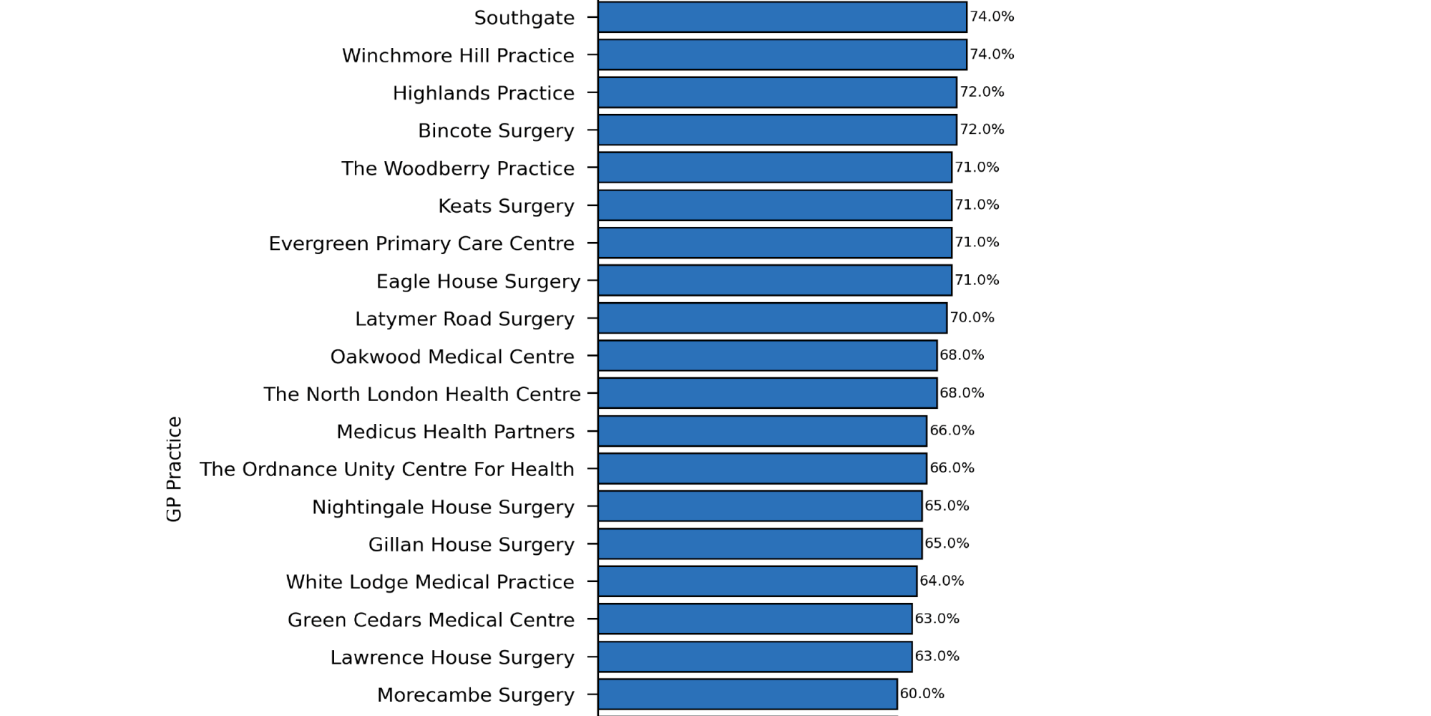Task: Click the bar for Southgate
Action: coord(782,17)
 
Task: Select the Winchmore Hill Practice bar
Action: coord(782,55)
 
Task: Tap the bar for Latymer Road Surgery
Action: coord(772,318)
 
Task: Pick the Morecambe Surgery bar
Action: coord(748,695)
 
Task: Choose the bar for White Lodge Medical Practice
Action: coord(757,581)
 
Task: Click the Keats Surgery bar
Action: coord(775,205)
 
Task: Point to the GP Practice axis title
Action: coord(174,469)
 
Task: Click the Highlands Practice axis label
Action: coord(483,93)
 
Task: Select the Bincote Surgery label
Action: coord(496,131)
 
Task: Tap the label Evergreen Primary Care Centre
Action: coord(421,243)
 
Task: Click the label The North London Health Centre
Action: coord(421,394)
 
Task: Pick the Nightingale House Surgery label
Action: coord(443,507)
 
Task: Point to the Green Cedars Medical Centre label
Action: coord(431,619)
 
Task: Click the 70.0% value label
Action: coord(972,317)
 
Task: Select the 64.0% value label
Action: coord(942,581)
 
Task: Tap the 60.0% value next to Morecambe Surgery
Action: coord(922,693)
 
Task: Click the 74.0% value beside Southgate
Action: coord(992,16)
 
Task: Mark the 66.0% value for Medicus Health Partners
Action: coord(952,430)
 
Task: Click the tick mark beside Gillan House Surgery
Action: coord(592,544)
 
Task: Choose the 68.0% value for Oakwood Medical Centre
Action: coord(962,355)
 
